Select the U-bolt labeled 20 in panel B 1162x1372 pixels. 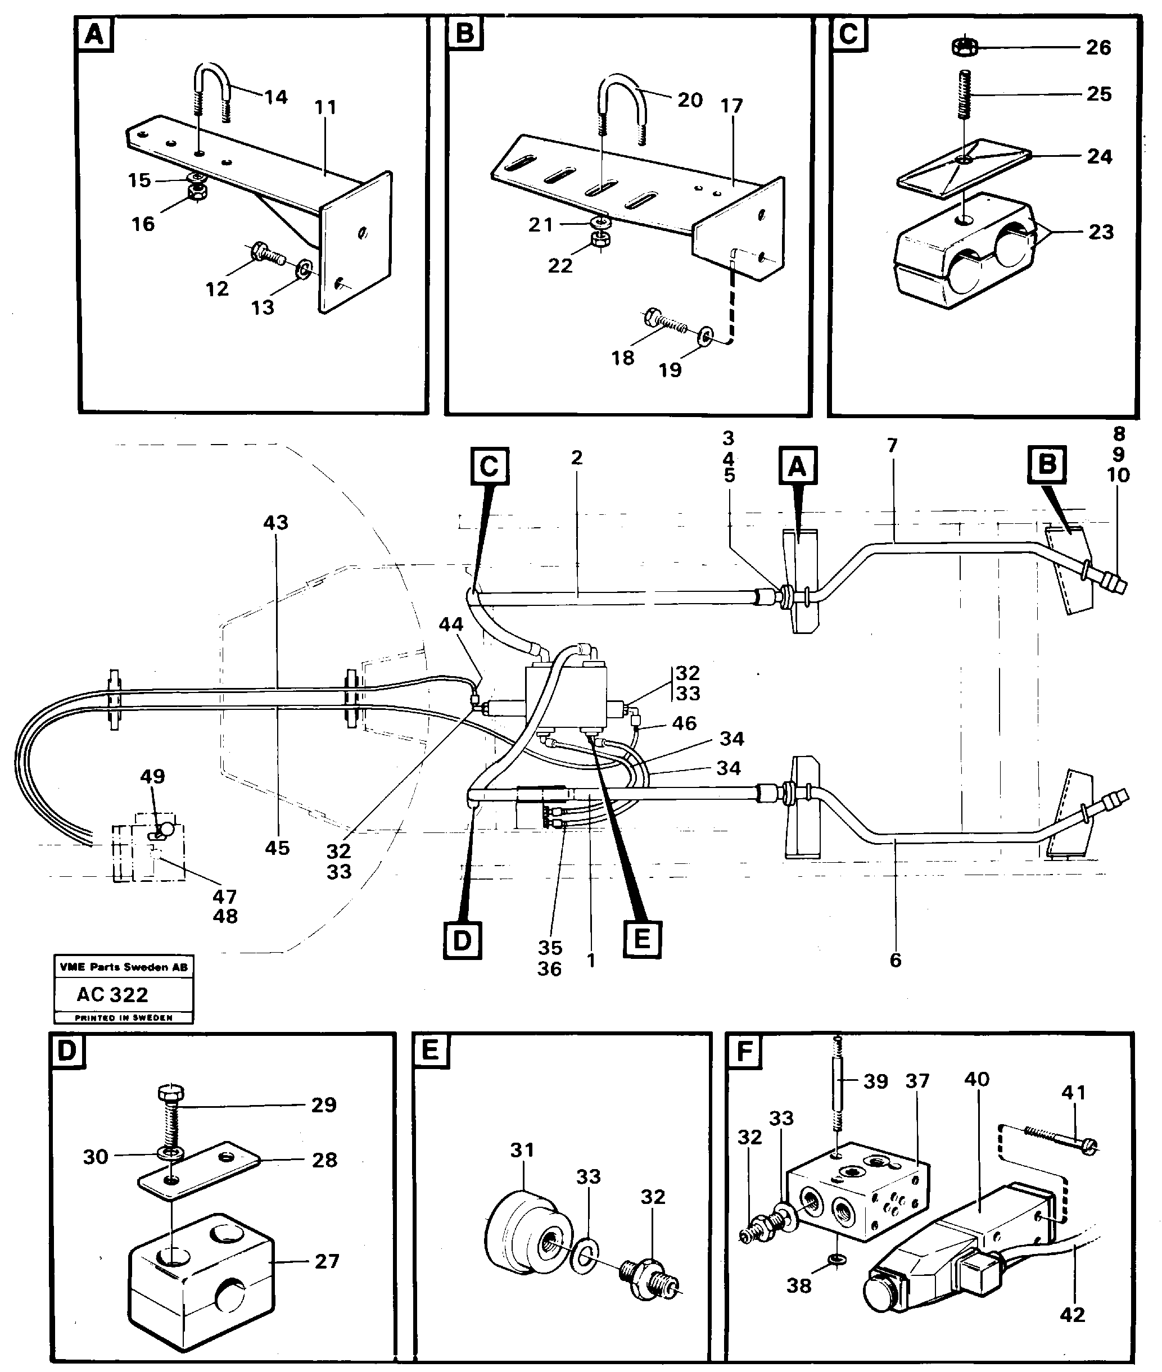(622, 99)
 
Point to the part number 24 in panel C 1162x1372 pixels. (1099, 157)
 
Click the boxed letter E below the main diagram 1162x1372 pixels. (641, 939)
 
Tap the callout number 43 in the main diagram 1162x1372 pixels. (275, 523)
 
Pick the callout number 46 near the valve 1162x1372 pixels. (684, 723)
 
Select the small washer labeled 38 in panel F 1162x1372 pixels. (837, 1260)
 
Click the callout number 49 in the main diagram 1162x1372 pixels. (152, 776)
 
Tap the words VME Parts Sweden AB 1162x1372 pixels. (123, 967)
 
